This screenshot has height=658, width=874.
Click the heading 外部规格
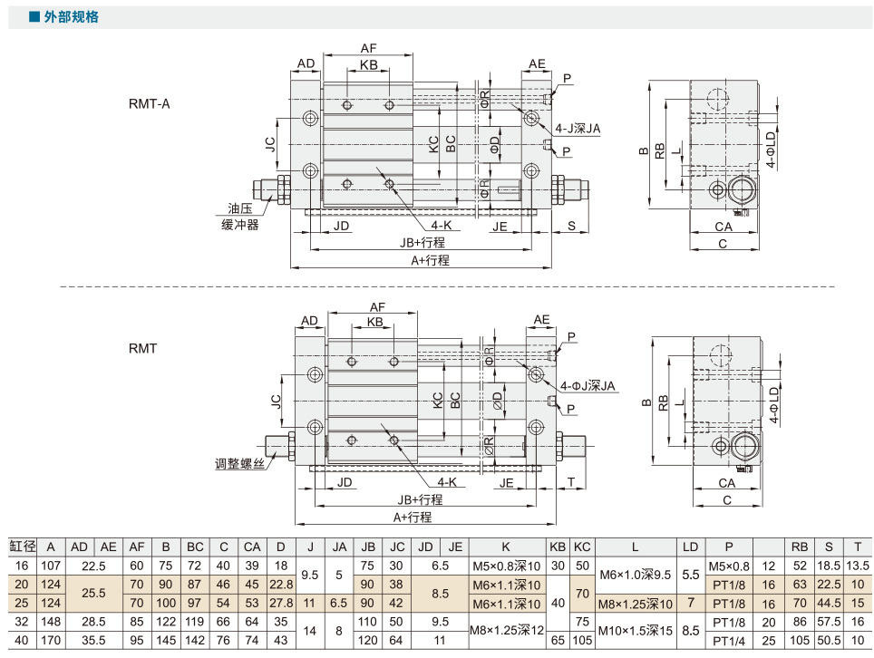point(72,16)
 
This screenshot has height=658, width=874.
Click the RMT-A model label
point(149,104)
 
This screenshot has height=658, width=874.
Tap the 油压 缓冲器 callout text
point(240,217)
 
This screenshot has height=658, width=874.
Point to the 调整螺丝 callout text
point(239,463)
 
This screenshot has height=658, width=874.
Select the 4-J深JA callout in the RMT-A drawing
point(578,129)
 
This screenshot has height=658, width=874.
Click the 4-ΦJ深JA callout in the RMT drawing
point(588,385)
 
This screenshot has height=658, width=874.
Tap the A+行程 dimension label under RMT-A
point(430,260)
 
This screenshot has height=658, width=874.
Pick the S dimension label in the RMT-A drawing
point(571,226)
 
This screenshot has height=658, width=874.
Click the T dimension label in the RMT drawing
point(571,482)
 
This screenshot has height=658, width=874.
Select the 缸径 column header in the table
point(23,547)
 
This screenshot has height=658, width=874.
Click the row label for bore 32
point(22,621)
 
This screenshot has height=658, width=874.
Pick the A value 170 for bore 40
point(51,640)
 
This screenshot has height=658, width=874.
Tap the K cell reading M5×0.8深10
point(506,566)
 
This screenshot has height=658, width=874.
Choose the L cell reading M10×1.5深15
point(635,631)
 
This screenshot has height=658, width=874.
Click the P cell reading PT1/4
point(729,641)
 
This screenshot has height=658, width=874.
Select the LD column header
point(691,547)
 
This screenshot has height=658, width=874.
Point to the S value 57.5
point(829,621)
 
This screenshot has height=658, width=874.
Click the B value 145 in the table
point(166,640)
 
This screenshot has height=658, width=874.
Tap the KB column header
point(558,547)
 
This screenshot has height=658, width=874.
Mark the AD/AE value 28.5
point(93,621)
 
